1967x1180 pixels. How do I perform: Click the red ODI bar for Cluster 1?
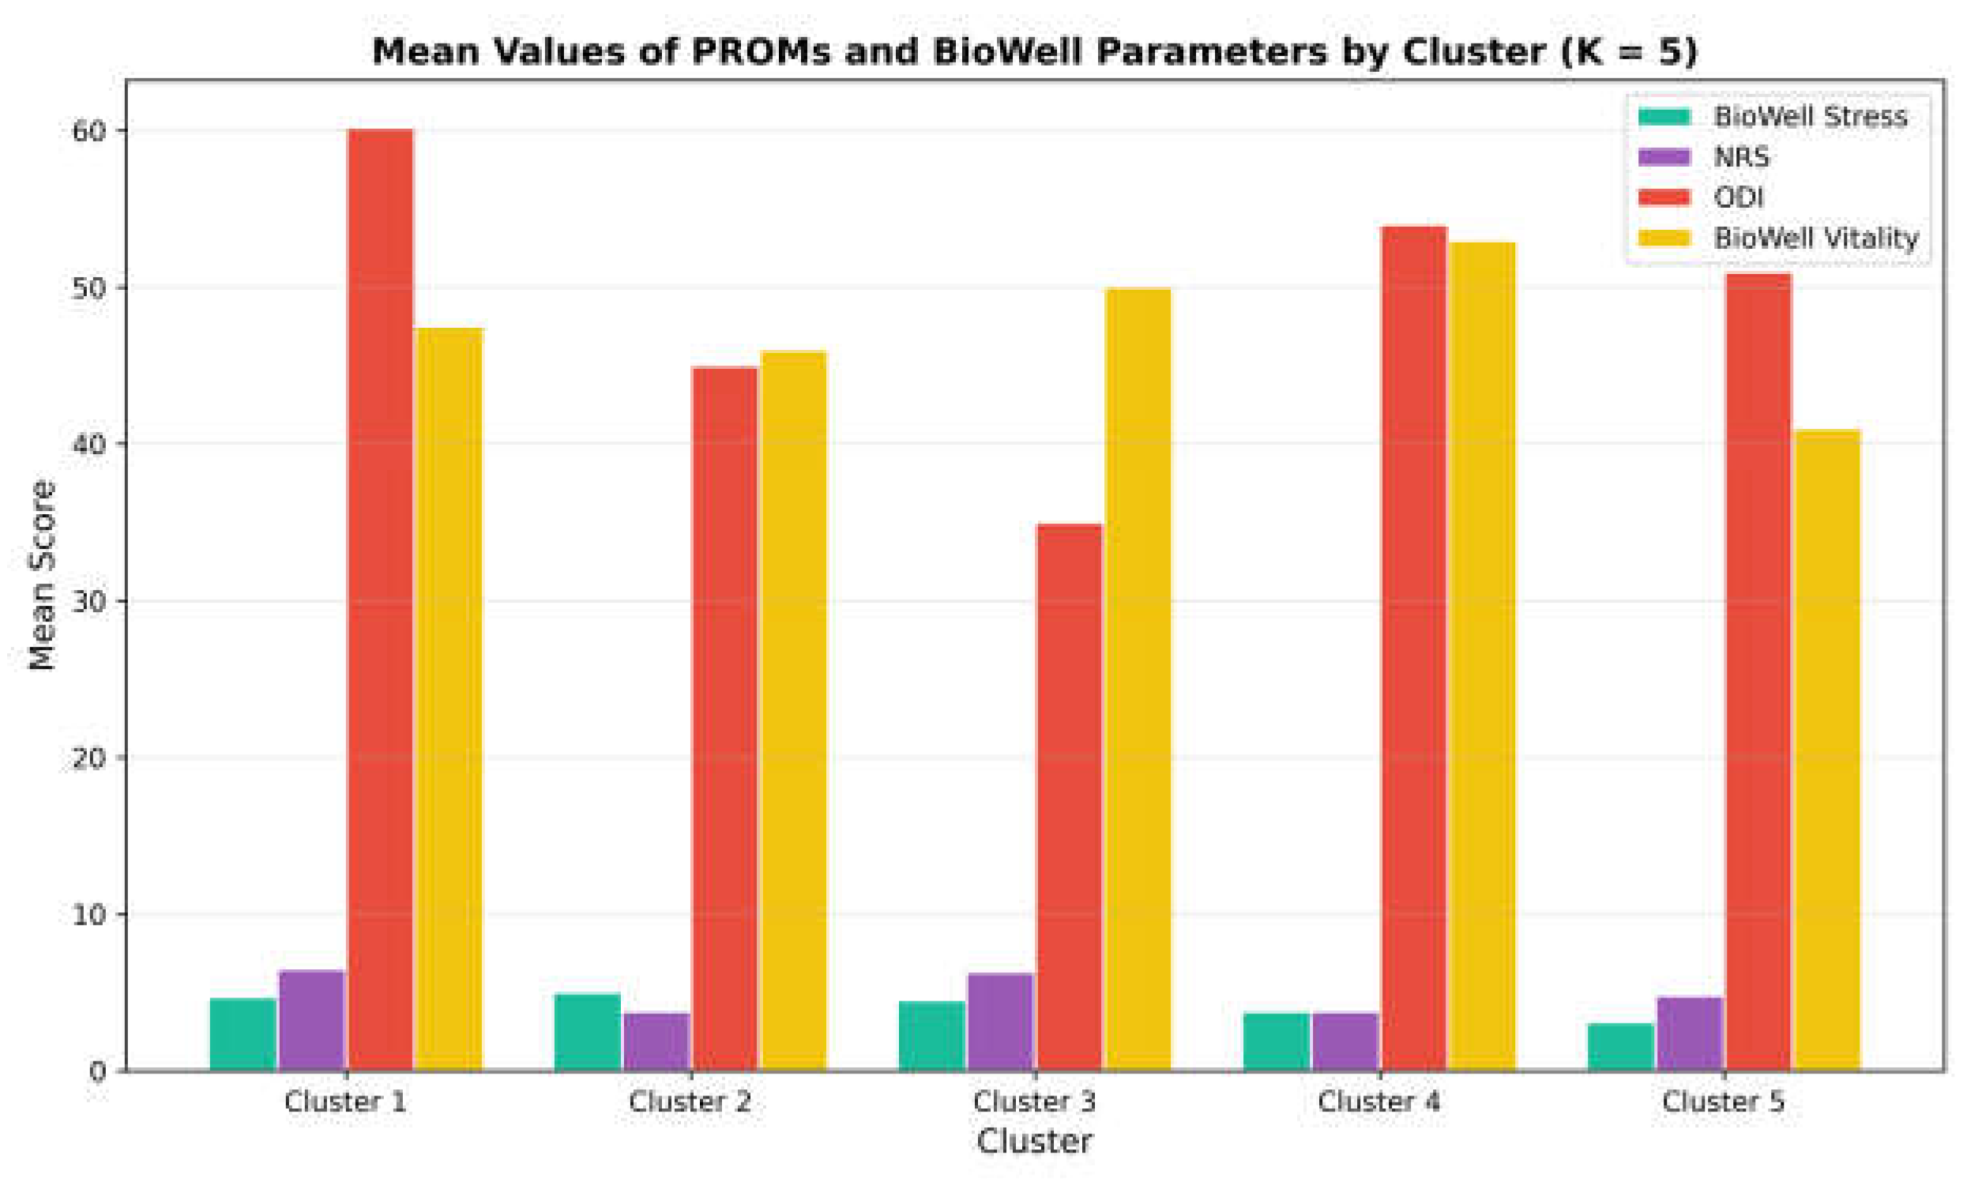(x=380, y=596)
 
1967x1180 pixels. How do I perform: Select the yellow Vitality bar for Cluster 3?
(x=1138, y=676)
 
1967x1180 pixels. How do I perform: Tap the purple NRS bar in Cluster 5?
(x=1690, y=1033)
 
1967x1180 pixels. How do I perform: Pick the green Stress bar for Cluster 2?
(x=587, y=1032)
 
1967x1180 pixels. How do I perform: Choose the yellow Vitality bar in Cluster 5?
(x=1827, y=747)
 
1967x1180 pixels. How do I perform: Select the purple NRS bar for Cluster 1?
(x=311, y=1020)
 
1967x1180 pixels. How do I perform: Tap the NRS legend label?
(x=1741, y=157)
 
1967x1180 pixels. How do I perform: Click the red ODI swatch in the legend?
(x=1664, y=197)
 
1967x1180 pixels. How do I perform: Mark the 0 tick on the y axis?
(x=97, y=1072)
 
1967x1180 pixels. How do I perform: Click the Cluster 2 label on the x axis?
(x=690, y=1102)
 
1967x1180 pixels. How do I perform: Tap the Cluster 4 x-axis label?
(x=1378, y=1102)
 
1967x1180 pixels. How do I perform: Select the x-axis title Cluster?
(x=1033, y=1141)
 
